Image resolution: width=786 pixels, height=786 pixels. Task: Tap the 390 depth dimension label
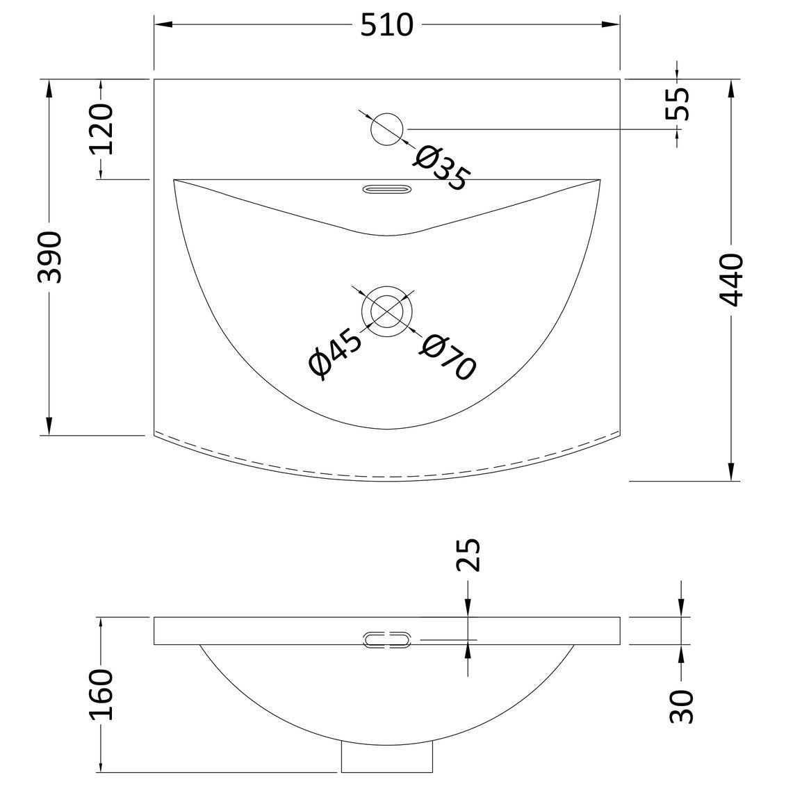(x=50, y=257)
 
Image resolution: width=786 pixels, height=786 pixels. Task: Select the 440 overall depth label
(x=731, y=279)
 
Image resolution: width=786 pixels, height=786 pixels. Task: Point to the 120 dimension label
(x=101, y=129)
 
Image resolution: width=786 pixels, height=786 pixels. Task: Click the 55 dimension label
(x=677, y=104)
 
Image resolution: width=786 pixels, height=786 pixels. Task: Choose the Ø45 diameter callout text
(x=335, y=354)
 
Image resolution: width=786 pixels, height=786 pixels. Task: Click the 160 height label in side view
(x=101, y=694)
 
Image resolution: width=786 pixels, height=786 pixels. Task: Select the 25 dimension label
(x=468, y=555)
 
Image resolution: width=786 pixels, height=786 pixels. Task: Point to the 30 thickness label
(x=681, y=707)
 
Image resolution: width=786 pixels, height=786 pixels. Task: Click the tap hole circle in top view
(x=387, y=129)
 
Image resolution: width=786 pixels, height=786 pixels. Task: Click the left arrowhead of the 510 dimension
(x=163, y=24)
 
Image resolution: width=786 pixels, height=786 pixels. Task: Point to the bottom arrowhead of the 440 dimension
(x=731, y=470)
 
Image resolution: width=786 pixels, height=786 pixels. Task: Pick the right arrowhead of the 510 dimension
(x=611, y=24)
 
